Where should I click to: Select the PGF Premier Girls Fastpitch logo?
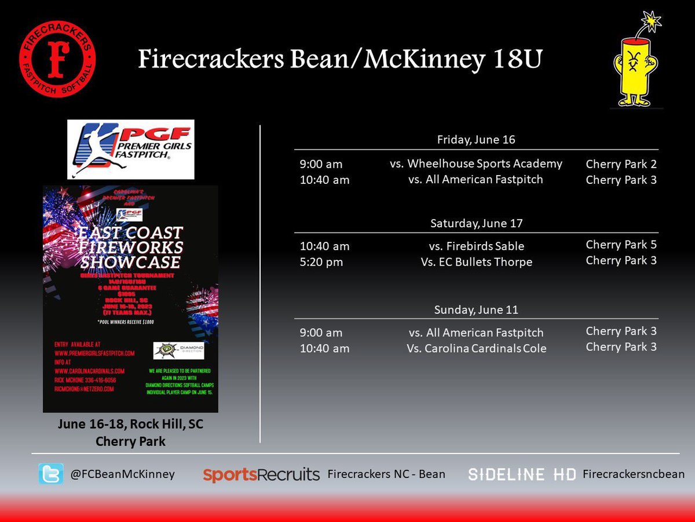[x=130, y=149]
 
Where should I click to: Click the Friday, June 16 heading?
[x=475, y=140]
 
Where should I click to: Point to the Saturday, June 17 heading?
[x=475, y=223]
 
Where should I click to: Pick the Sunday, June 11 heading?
[x=475, y=310]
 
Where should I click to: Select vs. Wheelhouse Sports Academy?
[x=475, y=164]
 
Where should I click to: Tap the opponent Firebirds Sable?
[x=475, y=246]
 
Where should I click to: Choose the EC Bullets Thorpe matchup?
[x=475, y=262]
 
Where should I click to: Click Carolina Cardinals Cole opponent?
[x=475, y=349]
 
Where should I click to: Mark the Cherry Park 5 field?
[x=621, y=245]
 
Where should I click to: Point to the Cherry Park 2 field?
[x=621, y=164]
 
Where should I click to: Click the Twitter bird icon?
[x=51, y=474]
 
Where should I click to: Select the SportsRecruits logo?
[x=261, y=474]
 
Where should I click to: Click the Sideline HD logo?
[x=522, y=474]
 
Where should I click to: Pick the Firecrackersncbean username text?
[x=634, y=474]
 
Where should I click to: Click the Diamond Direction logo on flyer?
[x=178, y=351]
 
